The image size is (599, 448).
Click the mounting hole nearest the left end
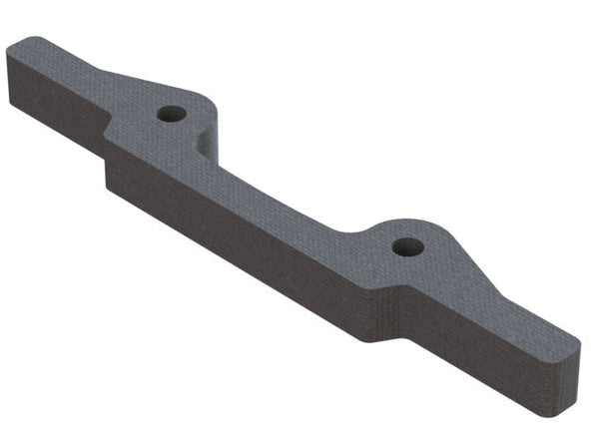(172, 114)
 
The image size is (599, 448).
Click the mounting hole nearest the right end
(407, 246)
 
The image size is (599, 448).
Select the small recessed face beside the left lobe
(207, 144)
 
